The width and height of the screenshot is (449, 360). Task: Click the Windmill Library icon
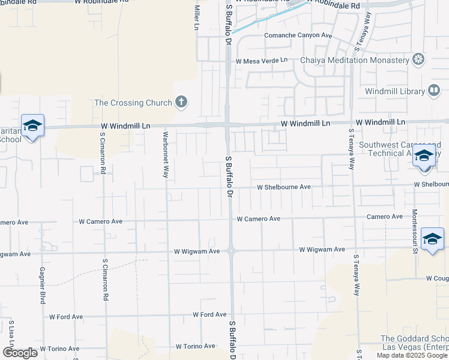[x=434, y=91]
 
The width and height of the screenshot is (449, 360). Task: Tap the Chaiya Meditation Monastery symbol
[x=418, y=59]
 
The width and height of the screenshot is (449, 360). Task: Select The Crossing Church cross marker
[x=181, y=102]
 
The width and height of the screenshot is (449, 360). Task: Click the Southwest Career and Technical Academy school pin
[x=424, y=155]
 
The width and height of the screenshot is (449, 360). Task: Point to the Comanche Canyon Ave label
[x=298, y=35]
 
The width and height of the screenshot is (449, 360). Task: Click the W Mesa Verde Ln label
[x=262, y=61]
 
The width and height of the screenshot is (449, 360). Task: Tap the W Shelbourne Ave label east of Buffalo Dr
[x=283, y=187]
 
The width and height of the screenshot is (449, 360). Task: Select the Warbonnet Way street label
[x=165, y=154]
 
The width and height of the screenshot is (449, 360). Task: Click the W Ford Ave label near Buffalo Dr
[x=209, y=314]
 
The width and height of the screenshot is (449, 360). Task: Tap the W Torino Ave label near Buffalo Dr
[x=195, y=346]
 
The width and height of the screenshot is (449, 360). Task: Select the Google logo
[x=19, y=353]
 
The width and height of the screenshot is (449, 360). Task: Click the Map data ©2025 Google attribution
[x=412, y=355]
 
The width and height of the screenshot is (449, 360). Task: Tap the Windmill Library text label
[x=395, y=91]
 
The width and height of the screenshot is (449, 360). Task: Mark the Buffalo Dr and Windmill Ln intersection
[x=228, y=124]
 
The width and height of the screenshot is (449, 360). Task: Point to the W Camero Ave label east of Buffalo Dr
[x=258, y=219]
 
